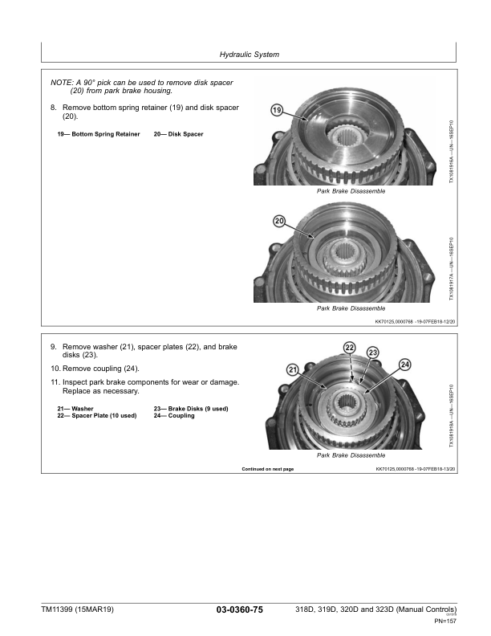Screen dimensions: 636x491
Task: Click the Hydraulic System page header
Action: (x=249, y=55)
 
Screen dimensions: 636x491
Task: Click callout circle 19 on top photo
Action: (x=277, y=112)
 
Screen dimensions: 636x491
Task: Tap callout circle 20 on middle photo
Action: (x=280, y=221)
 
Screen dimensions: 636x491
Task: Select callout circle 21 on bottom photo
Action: (x=291, y=369)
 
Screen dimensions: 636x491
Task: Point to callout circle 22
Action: (x=350, y=346)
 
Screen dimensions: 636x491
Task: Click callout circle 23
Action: (x=373, y=353)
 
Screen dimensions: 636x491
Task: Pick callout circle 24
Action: (x=404, y=364)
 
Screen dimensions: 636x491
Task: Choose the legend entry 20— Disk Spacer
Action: (x=178, y=134)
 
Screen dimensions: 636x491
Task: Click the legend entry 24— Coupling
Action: (x=174, y=416)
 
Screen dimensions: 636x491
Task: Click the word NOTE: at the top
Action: (x=61, y=83)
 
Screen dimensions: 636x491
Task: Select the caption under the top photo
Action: (x=351, y=192)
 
